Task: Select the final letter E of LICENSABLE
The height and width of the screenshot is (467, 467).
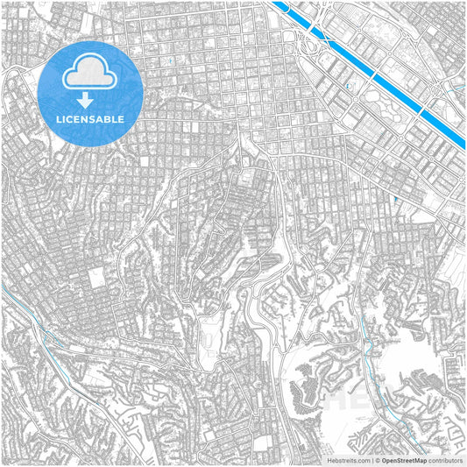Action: click(x=122, y=118)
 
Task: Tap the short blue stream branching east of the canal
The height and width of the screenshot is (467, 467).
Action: click(x=456, y=88)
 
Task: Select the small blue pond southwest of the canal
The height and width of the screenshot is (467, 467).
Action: click(x=349, y=87)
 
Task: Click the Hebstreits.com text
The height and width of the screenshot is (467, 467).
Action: click(x=345, y=459)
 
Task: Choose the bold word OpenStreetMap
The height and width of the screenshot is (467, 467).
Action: click(x=404, y=459)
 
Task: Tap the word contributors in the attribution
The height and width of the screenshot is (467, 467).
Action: click(x=445, y=459)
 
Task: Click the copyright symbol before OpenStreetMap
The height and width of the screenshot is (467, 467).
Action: click(x=377, y=459)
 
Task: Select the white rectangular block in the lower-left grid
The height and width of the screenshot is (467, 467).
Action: click(x=94, y=279)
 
